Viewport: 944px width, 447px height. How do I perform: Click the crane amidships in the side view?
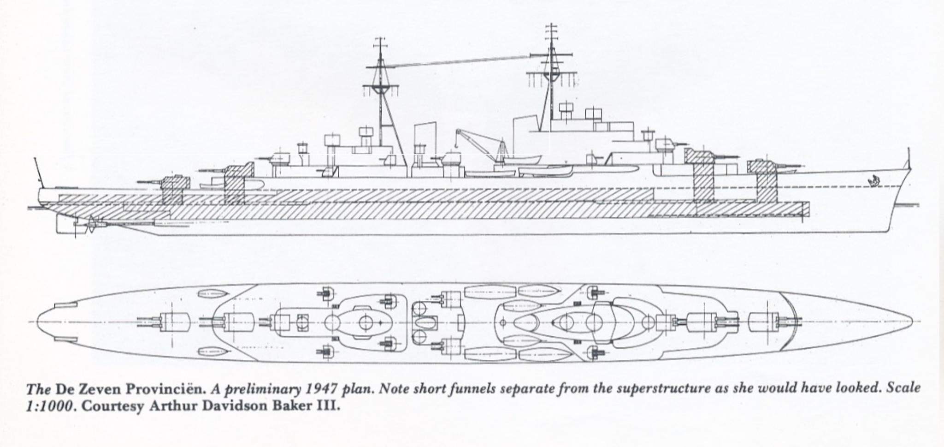tap(477, 141)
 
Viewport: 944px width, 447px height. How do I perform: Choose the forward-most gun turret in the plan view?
tap(767, 321)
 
